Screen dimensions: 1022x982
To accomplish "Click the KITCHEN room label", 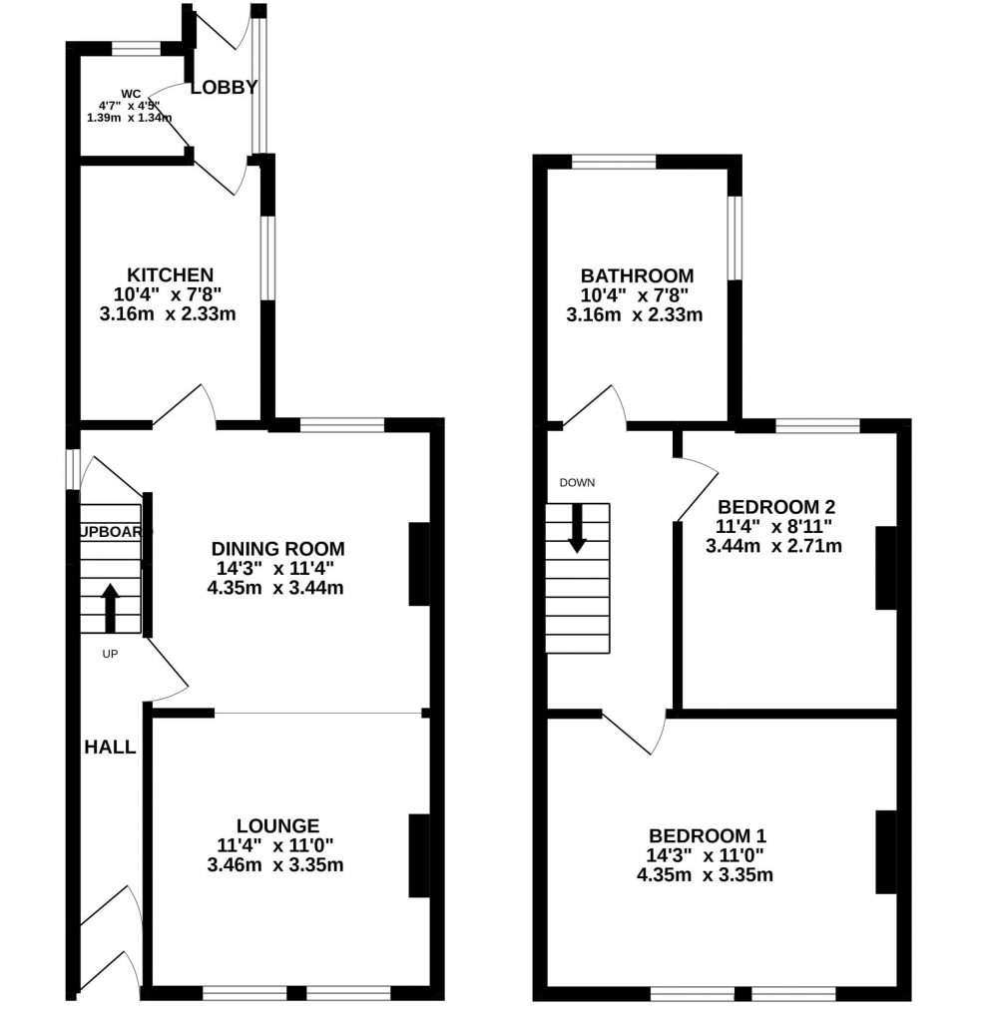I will pos(170,274).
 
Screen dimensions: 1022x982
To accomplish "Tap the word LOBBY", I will pos(224,87).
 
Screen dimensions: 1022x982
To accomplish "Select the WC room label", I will pos(129,94).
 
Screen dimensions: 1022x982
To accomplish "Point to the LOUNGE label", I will pos(277,825).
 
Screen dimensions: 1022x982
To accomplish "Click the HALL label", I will pos(110,747).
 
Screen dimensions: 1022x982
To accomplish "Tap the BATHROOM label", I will pos(638,275).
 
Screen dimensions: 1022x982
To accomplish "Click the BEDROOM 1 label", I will pos(708,835).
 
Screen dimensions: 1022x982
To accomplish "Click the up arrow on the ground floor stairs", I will pos(110,607).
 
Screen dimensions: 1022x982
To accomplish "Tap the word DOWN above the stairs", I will pos(577,483).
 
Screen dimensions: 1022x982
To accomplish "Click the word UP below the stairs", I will pos(110,654).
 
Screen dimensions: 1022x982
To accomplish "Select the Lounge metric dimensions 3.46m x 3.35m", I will pos(275,864).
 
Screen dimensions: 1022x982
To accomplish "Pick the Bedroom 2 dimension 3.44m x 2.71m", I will pos(773,545).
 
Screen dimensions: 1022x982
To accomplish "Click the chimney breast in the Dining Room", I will pos(419,564).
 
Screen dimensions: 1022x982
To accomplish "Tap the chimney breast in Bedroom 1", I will pos(885,851).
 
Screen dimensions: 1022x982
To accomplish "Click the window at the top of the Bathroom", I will pos(614,161).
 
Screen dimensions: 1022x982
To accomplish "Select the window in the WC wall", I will pos(136,47).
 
